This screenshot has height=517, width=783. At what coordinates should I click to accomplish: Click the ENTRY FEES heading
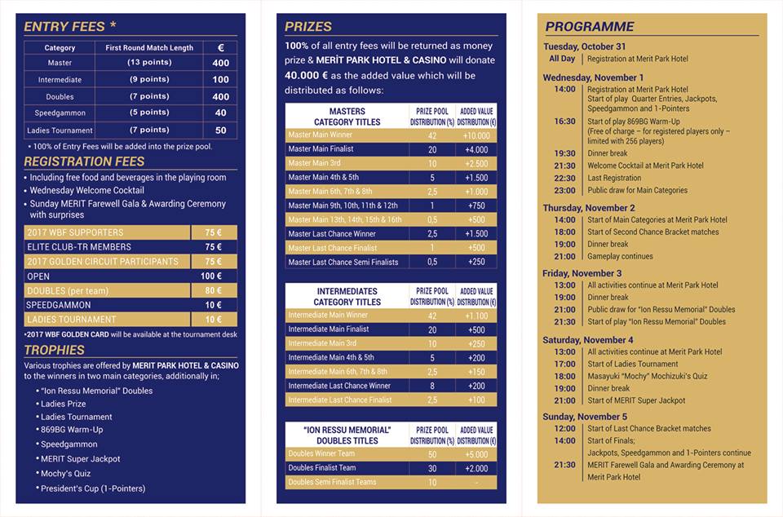(64, 26)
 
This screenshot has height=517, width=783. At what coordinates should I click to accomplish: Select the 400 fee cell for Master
(220, 63)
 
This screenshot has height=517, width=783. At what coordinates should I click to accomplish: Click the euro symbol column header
(220, 47)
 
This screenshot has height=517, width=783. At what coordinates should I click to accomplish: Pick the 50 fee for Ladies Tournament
(220, 130)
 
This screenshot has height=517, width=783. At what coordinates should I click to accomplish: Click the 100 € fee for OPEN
(213, 276)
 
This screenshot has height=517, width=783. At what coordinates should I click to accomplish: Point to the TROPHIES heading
(54, 350)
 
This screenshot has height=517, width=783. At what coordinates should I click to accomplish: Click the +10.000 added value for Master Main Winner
(476, 135)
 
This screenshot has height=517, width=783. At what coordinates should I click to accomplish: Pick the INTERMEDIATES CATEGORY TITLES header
(347, 296)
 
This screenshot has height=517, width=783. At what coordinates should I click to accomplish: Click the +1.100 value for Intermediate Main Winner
(476, 315)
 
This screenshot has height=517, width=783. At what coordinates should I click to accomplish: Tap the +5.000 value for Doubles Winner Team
(476, 454)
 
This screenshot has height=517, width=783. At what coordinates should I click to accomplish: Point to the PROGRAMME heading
(589, 27)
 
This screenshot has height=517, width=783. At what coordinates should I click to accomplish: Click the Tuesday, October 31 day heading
(584, 46)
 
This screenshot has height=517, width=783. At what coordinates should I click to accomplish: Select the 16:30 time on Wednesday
(564, 122)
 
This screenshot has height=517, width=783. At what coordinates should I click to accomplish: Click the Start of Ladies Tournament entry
(632, 364)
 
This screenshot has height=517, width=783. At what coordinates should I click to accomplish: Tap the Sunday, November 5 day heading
(585, 416)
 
